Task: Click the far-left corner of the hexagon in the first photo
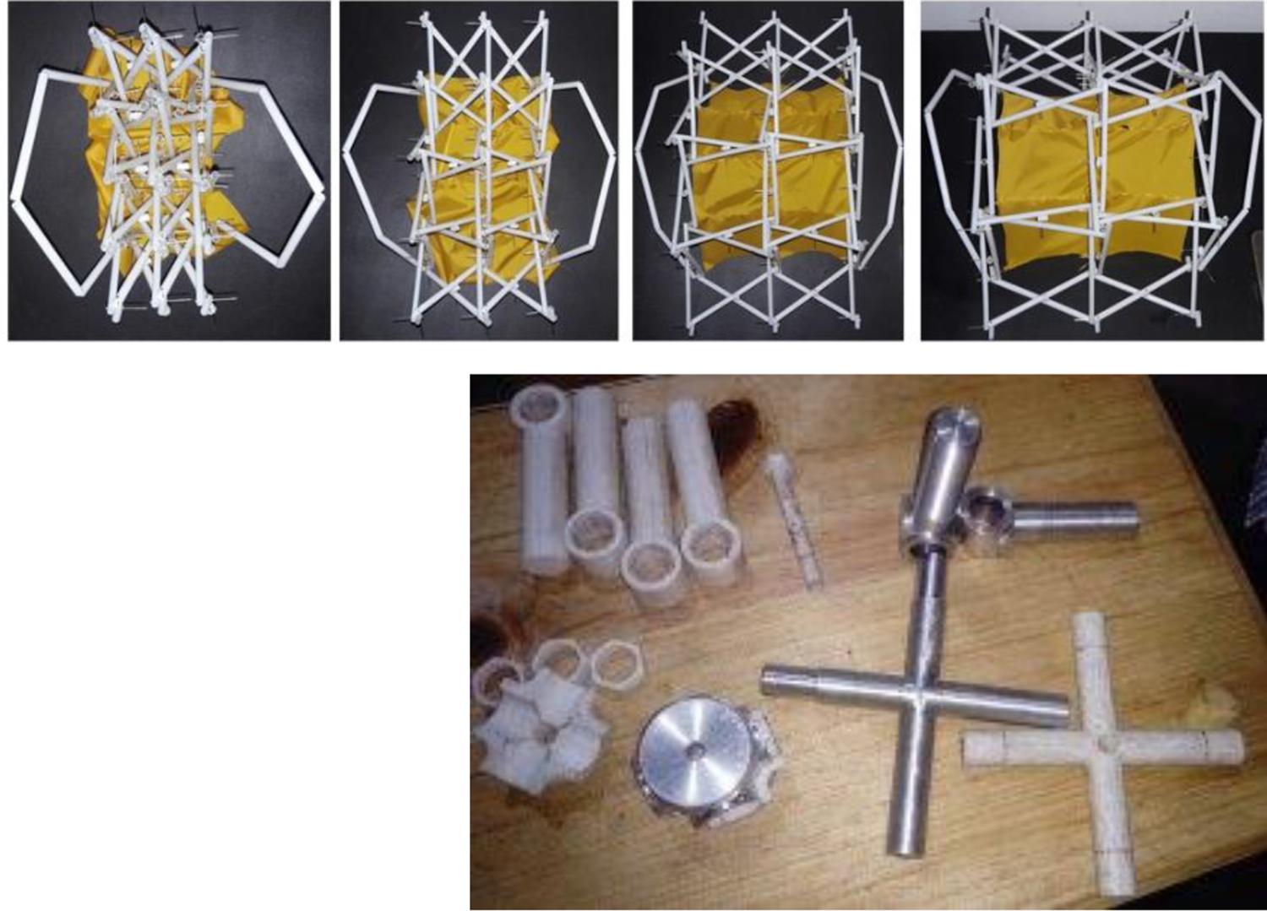pos(15,199)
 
